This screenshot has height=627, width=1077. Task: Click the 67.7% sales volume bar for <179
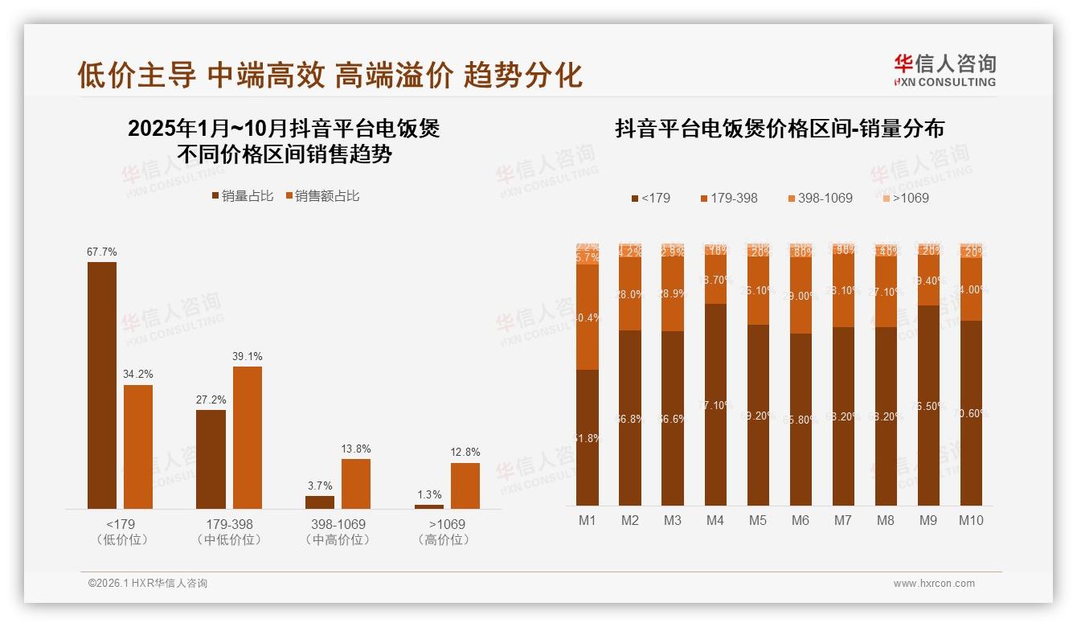pyautogui.click(x=101, y=385)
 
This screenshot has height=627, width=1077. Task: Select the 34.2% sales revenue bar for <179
pyautogui.click(x=138, y=446)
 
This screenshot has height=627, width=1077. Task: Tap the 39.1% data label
pyautogui.click(x=248, y=356)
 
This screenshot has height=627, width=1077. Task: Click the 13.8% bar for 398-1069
pyautogui.click(x=356, y=483)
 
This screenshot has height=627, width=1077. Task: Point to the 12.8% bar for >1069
pyautogui.click(x=465, y=486)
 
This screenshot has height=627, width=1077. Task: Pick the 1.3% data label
pyautogui.click(x=429, y=494)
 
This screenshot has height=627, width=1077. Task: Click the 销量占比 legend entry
pyautogui.click(x=242, y=196)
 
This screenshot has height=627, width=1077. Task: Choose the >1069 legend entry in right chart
pyautogui.click(x=906, y=198)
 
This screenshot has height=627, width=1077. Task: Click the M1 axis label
pyautogui.click(x=588, y=520)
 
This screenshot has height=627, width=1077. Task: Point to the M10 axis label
pyautogui.click(x=971, y=520)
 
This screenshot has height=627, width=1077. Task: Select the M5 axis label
pyautogui.click(x=758, y=520)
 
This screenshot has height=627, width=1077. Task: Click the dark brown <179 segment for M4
pyautogui.click(x=715, y=404)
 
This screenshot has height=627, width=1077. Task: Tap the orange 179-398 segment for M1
pyautogui.click(x=588, y=317)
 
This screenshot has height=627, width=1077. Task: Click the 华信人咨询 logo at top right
pyautogui.click(x=945, y=71)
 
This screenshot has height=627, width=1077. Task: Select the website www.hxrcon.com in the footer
pyautogui.click(x=934, y=584)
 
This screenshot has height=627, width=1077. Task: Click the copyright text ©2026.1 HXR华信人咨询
pyautogui.click(x=147, y=584)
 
